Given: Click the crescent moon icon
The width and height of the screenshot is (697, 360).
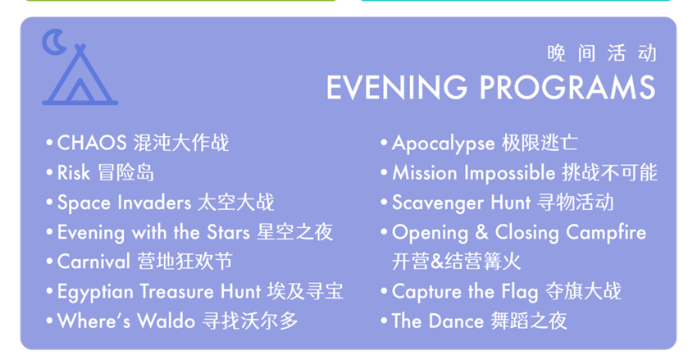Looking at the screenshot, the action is tap(49, 42).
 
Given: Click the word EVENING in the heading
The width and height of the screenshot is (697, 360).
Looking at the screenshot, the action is tap(397, 87).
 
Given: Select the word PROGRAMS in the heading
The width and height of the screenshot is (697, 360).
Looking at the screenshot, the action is tap(567, 87).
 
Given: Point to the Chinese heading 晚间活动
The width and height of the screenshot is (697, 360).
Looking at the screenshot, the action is tap(602, 53).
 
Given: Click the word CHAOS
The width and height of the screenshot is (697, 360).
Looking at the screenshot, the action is tap(92, 144).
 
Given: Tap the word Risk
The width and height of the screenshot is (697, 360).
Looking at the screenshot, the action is tap(74, 173).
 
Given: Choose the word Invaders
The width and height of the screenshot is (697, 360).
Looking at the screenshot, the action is tap(154, 203).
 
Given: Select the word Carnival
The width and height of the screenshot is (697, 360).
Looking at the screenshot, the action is tap(93, 262).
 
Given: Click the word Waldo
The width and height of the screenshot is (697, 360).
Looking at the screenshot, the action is tap(166, 321).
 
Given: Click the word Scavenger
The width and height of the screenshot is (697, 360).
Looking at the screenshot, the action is tap(438, 203).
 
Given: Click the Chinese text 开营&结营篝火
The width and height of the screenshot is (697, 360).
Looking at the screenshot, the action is tap(456, 262).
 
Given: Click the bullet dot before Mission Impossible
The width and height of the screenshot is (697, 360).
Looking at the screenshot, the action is tap(384, 172).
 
